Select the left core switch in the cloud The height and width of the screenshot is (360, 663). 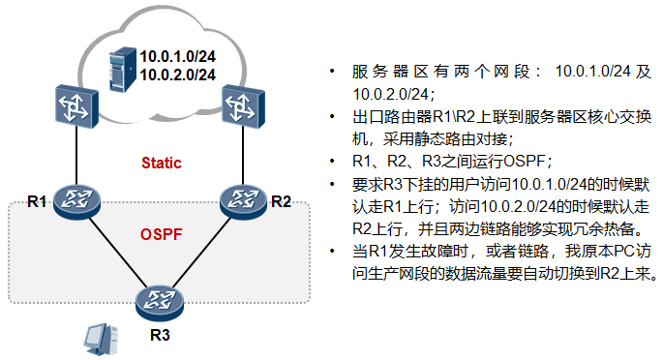click(x=75, y=104)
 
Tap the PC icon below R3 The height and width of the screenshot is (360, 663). click(x=95, y=339)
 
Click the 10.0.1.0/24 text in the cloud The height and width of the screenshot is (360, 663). click(x=177, y=54)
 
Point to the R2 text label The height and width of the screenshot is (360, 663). click(x=281, y=201)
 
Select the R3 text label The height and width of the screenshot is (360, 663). click(x=159, y=336)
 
